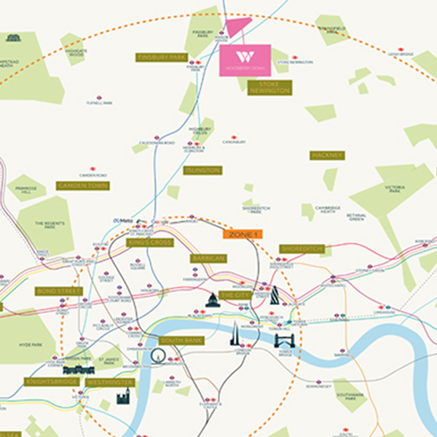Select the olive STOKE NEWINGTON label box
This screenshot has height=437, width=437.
pos(269,87)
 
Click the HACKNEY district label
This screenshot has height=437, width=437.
pos(326,155)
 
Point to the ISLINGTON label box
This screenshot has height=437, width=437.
pos(202,170)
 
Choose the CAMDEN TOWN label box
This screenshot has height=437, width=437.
pos(82,186)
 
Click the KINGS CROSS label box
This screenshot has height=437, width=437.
pos(149,243)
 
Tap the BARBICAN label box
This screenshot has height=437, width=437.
pos(208,258)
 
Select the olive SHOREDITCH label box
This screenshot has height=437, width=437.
pos(302,249)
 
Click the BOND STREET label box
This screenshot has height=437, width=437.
pos(59,291)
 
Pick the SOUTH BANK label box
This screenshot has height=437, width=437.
pos(180,340)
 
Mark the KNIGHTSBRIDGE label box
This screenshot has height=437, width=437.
pos(50,381)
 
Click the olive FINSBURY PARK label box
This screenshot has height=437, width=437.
pos(162,57)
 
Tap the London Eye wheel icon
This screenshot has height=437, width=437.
pos(158,356)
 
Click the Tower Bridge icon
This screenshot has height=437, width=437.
pos(286,339)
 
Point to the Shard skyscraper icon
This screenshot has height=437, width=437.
pos(235,334)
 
